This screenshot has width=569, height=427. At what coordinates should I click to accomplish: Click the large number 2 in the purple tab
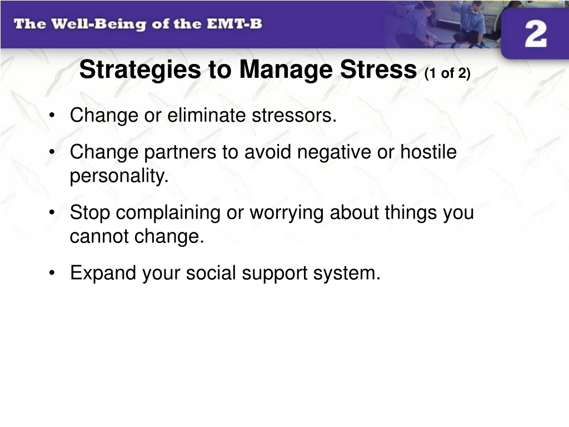[536, 33]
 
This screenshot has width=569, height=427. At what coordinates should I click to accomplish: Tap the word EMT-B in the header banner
[234, 24]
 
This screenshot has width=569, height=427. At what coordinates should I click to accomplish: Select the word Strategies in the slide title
[140, 69]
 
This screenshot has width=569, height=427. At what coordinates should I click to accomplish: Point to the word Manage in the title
[286, 69]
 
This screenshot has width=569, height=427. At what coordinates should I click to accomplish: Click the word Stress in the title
[378, 69]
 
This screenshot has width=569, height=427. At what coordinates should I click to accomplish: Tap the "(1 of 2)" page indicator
[447, 73]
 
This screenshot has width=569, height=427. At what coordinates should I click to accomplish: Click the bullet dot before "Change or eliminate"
[52, 116]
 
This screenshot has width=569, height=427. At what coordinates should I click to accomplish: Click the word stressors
[295, 116]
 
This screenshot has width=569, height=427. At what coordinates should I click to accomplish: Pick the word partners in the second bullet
[180, 152]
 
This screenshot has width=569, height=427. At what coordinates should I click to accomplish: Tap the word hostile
[428, 151]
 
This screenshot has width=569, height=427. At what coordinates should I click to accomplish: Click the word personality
[119, 176]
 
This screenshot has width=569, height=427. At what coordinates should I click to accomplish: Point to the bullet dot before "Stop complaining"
[52, 212]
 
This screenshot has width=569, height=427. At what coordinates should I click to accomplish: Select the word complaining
[168, 213]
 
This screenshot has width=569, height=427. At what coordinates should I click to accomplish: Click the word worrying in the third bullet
[286, 213]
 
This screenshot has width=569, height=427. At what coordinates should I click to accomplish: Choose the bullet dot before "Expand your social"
[52, 272]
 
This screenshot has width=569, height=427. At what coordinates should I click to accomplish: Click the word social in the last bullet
[211, 272]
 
